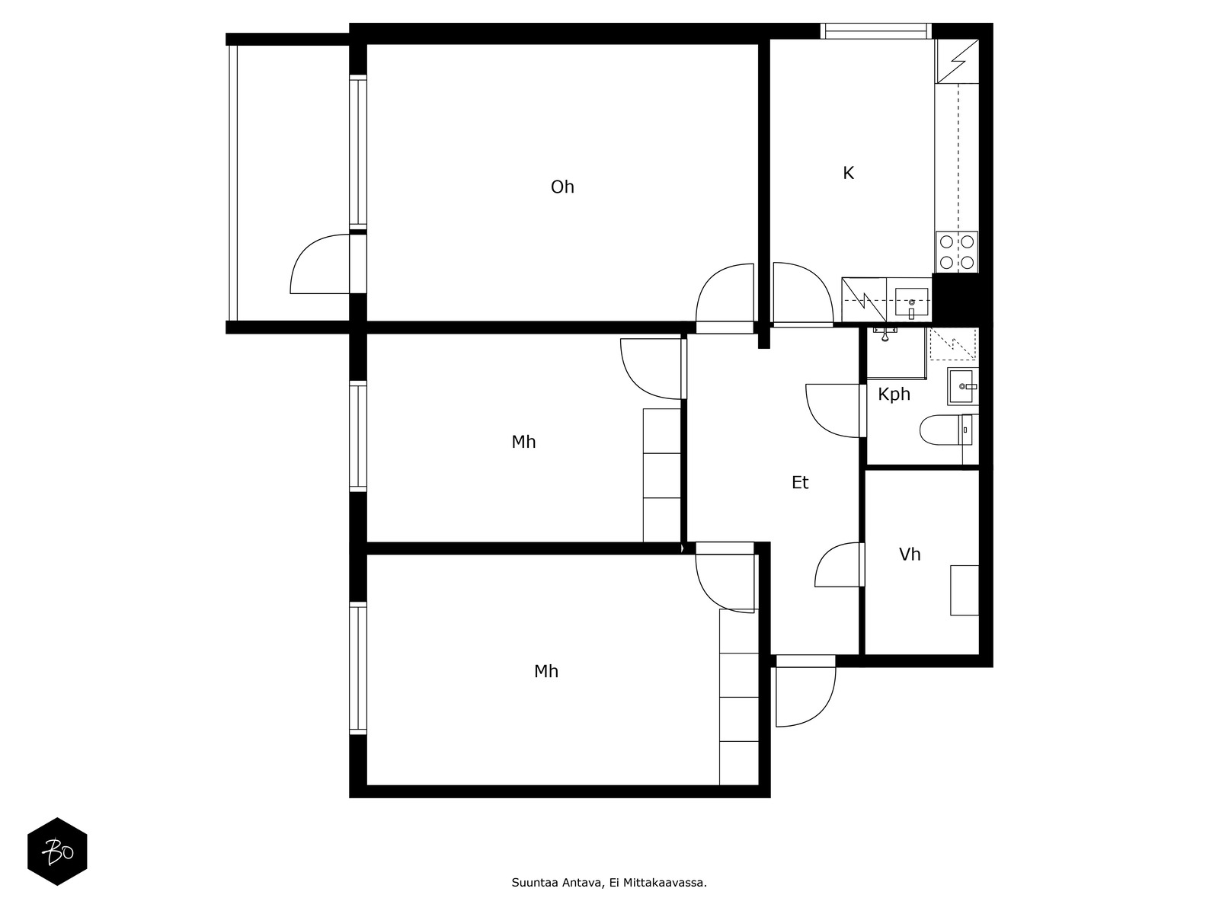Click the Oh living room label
pyautogui.click(x=562, y=187)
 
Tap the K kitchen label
pyautogui.click(x=848, y=173)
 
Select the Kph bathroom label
pyautogui.click(x=894, y=394)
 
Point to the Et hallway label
pyautogui.click(x=800, y=483)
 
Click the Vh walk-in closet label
pyautogui.click(x=910, y=554)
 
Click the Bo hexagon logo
pyautogui.click(x=57, y=852)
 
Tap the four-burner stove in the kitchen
pyautogui.click(x=956, y=252)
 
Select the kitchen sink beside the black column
pyautogui.click(x=911, y=302)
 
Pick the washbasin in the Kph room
pyautogui.click(x=963, y=386)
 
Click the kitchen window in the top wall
pyautogui.click(x=876, y=31)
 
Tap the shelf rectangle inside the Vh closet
pyautogui.click(x=964, y=590)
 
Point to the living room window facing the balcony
pyautogui.click(x=358, y=152)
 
